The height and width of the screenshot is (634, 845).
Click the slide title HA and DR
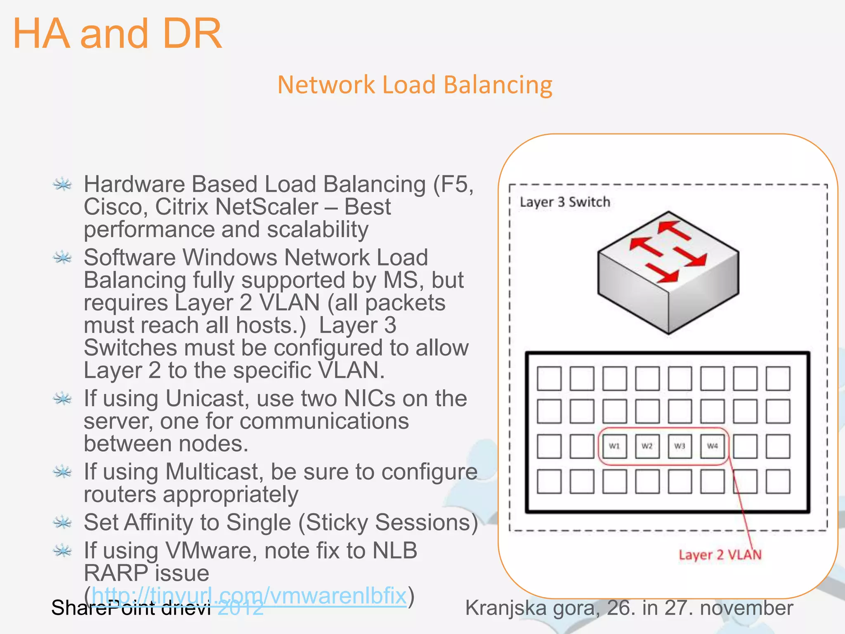[x=118, y=34]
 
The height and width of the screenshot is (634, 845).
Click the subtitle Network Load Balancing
[x=415, y=85]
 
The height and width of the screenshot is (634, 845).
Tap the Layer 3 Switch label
[x=564, y=202]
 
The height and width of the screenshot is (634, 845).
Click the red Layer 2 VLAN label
[x=720, y=555]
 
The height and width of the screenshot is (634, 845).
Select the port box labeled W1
[x=614, y=446]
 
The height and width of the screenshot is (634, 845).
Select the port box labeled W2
[x=647, y=446]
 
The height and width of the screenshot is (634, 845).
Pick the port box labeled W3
[x=680, y=446]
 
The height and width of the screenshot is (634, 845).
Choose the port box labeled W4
[x=713, y=446]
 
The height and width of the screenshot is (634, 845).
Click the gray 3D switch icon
[x=668, y=272]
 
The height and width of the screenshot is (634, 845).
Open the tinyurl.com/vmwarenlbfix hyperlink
[x=249, y=595]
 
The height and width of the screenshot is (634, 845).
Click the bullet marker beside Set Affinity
[x=63, y=523]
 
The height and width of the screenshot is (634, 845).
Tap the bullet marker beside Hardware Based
[x=63, y=184]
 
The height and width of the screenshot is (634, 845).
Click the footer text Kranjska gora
[x=532, y=608]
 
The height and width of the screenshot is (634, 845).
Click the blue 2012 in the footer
[x=241, y=608]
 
